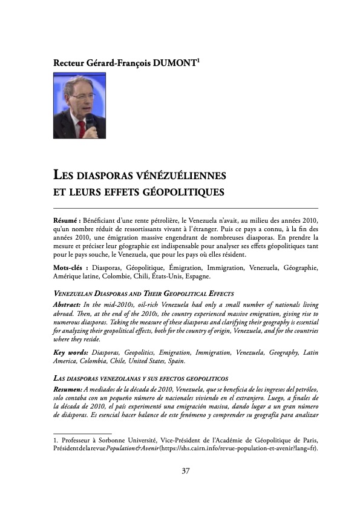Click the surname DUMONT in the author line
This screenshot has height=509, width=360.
[x=172, y=62]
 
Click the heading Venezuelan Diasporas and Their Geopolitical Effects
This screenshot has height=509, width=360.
[x=144, y=294]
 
